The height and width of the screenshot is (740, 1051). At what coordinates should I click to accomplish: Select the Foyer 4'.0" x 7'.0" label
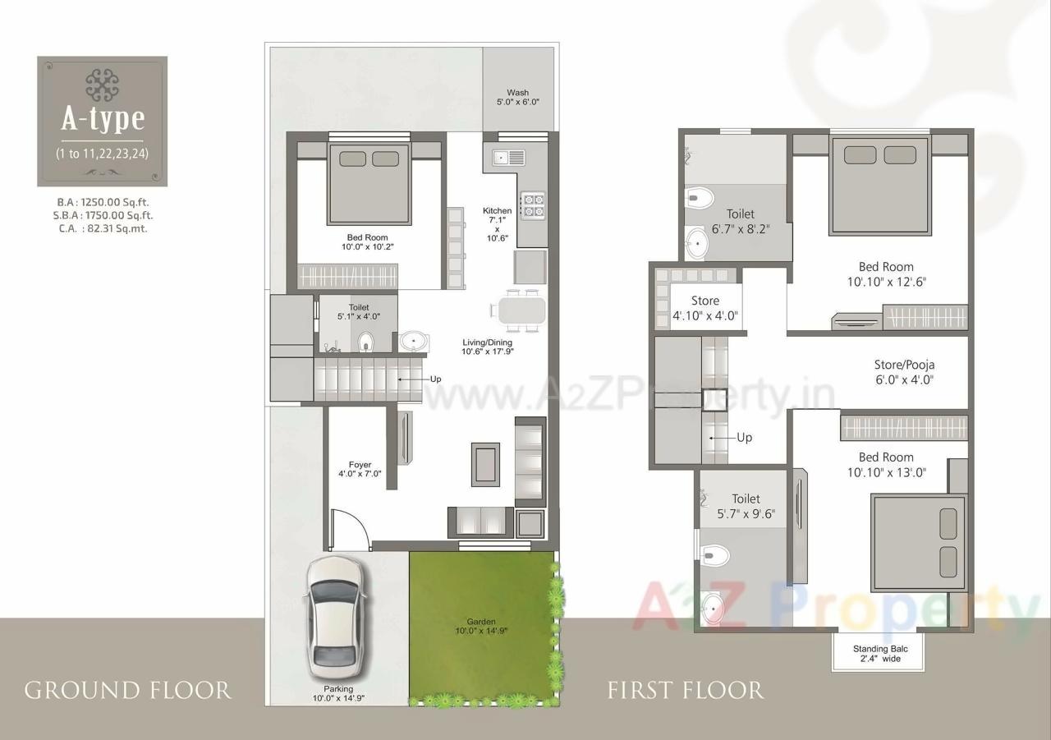pos(360,469)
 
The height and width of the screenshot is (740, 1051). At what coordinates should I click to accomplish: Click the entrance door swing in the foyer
pos(349,529)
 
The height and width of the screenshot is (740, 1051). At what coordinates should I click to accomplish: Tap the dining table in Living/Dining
pos(519,310)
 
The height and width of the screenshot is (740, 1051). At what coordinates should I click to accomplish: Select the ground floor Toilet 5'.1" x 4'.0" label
pos(359,312)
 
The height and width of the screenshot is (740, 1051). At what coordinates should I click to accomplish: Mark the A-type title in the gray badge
pos(103,119)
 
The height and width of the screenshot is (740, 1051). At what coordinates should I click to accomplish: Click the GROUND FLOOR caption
pos(127,690)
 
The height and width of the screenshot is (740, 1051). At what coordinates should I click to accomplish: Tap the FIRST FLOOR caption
pos(685,690)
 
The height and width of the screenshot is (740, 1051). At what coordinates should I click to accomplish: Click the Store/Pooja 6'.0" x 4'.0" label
pos(904,372)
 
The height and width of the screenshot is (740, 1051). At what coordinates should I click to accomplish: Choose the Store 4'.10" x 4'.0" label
pos(704,308)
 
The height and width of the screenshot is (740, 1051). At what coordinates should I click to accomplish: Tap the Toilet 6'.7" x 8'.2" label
pos(740,222)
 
